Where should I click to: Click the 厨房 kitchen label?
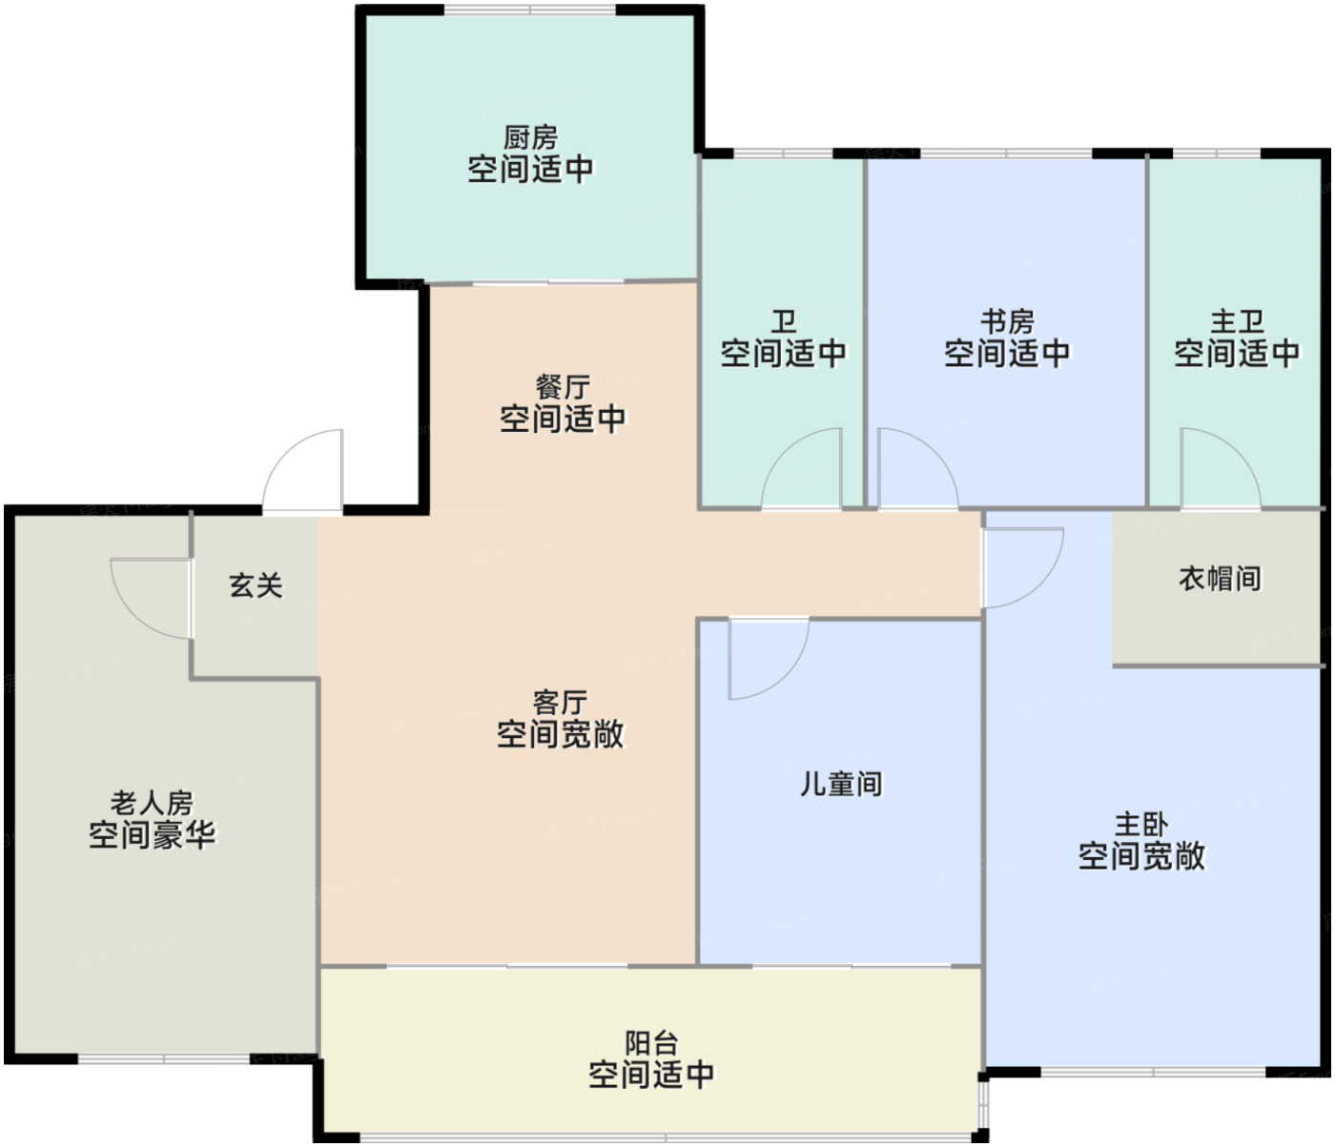click(530, 137)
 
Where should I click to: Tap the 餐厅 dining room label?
click(563, 387)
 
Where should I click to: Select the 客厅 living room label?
click(560, 703)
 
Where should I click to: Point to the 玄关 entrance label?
click(256, 585)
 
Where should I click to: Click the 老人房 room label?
click(152, 803)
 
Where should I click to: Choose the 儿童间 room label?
click(840, 784)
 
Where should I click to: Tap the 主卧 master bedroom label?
click(1141, 824)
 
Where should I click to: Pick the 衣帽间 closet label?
click(1220, 579)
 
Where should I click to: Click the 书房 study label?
click(1007, 321)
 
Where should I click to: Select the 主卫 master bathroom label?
click(1237, 321)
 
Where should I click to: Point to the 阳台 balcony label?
click(651, 1043)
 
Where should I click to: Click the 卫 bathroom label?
click(783, 321)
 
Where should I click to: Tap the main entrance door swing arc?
click(303, 472)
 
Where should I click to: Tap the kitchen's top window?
click(530, 10)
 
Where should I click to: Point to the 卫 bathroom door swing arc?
click(801, 468)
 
